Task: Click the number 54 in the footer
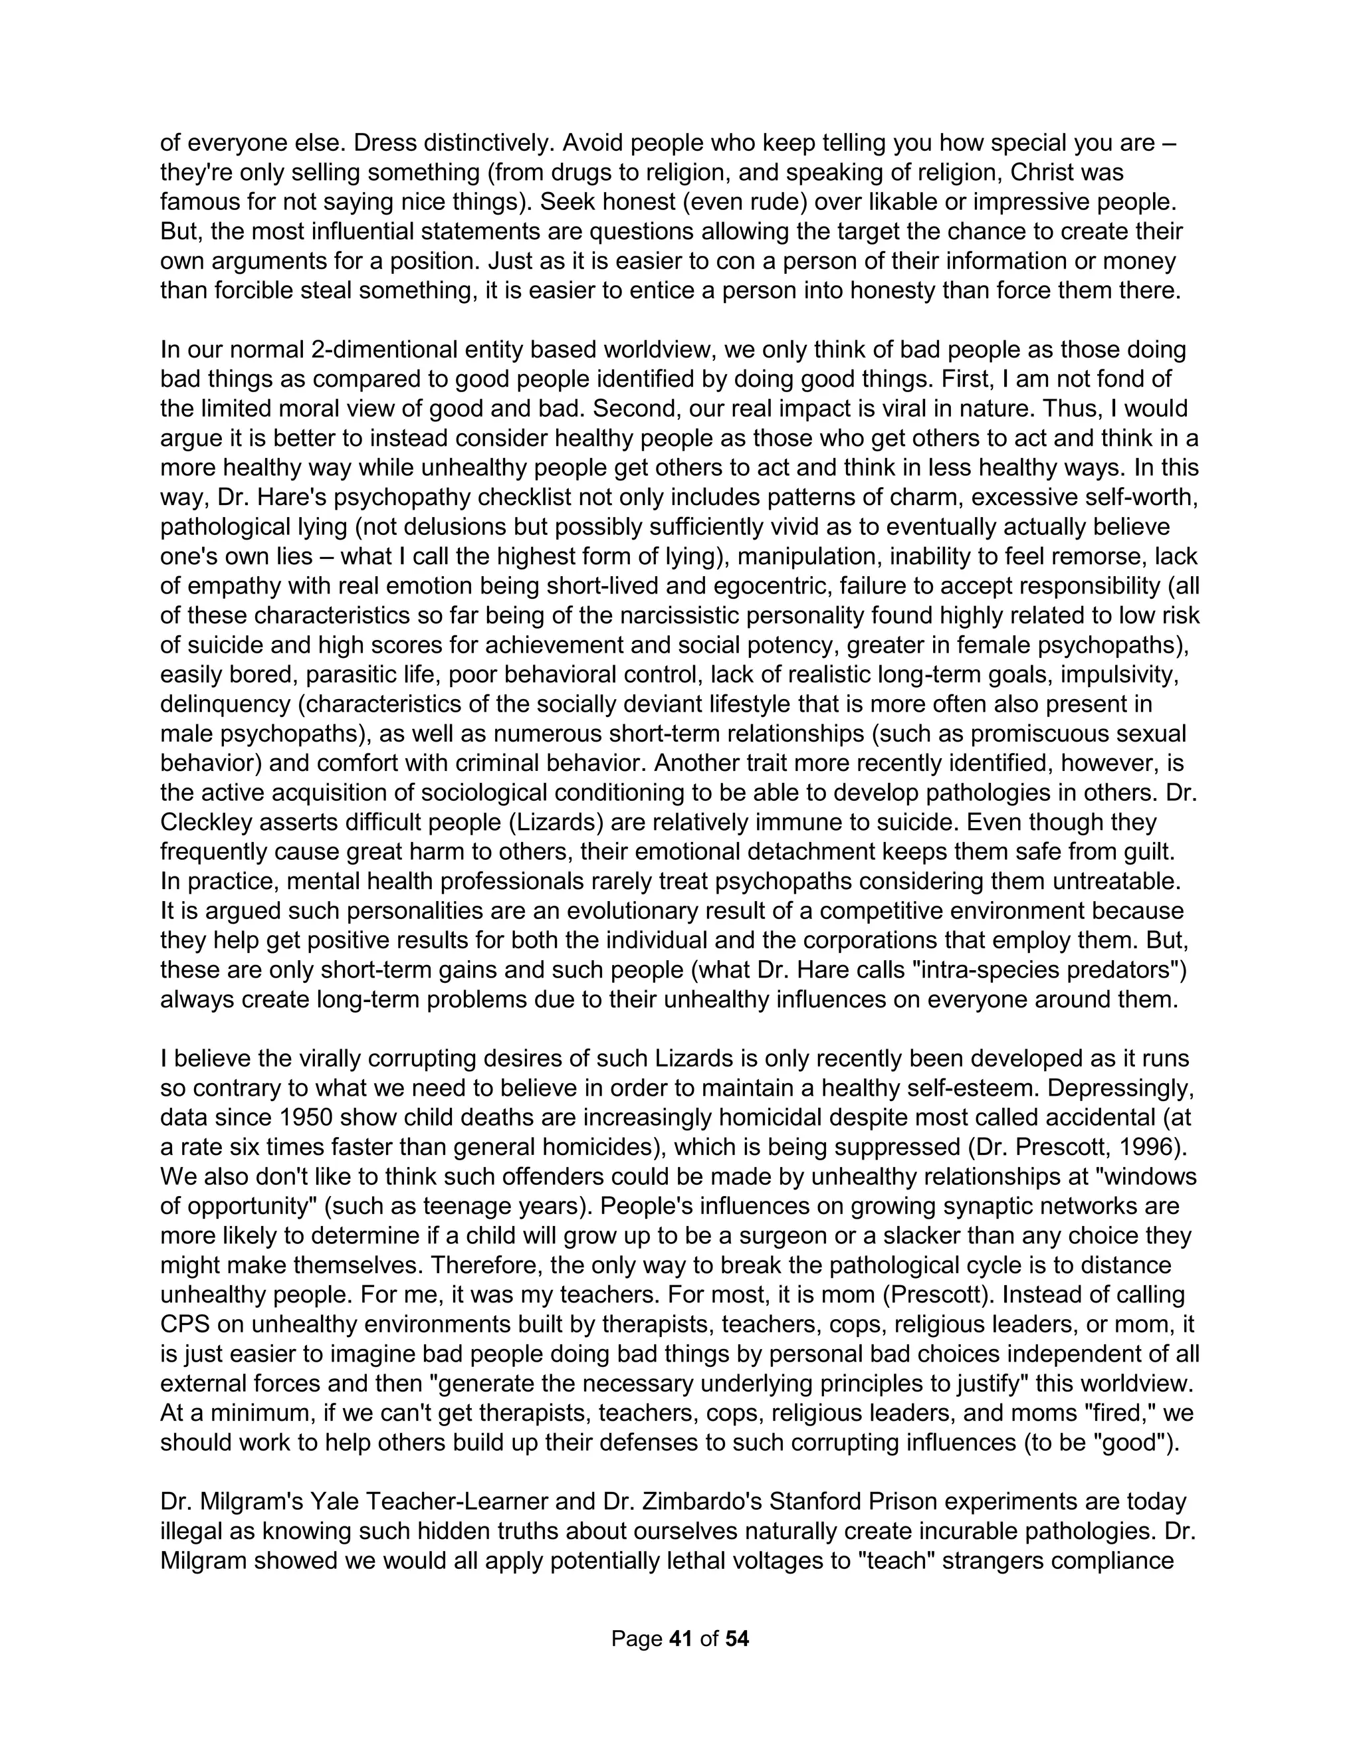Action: coord(737,1639)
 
